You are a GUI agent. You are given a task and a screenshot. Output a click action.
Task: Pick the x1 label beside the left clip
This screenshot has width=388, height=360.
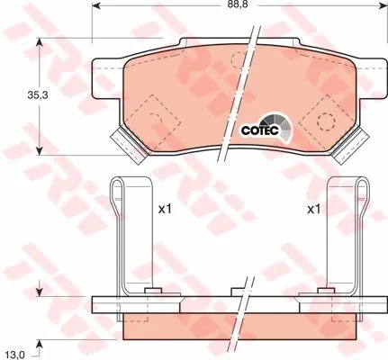point(165,209)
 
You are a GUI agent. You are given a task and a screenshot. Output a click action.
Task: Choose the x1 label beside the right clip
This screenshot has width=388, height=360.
point(314,209)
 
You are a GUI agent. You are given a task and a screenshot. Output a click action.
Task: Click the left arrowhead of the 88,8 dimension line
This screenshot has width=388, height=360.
point(95,5)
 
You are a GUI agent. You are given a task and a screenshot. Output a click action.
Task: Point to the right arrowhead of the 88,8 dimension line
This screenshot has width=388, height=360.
point(383,5)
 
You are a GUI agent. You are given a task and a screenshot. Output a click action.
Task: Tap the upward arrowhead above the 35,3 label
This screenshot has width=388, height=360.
point(40,42)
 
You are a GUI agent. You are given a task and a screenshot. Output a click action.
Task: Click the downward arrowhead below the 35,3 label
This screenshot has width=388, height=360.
point(40,151)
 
